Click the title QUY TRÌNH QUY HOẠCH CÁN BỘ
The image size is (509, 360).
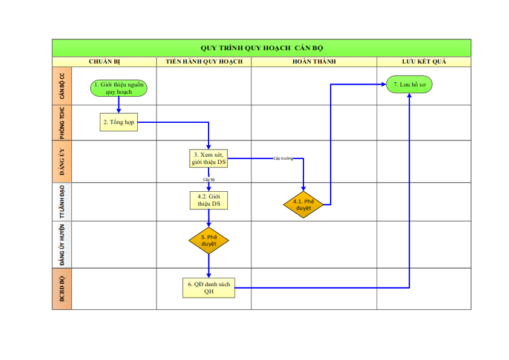(x=262, y=48)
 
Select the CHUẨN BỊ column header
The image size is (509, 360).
(x=105, y=62)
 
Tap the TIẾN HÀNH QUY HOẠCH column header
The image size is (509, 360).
(x=204, y=62)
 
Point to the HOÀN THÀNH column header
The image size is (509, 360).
(x=314, y=62)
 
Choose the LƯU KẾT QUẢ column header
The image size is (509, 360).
(x=424, y=62)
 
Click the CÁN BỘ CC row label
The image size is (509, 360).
(x=62, y=86)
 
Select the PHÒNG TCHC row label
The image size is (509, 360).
(x=62, y=123)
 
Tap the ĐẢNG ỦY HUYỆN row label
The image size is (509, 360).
(x=62, y=245)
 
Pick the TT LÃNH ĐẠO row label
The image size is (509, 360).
(x=62, y=201)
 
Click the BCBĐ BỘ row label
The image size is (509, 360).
(x=62, y=289)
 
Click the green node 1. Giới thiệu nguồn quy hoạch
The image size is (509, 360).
(x=119, y=88)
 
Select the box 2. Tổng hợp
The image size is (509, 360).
(x=119, y=122)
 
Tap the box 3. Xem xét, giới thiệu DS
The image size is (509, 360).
(x=209, y=159)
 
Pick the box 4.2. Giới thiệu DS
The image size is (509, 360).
(x=209, y=200)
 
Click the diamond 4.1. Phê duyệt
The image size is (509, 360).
(x=303, y=205)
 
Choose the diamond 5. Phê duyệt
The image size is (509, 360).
(x=209, y=240)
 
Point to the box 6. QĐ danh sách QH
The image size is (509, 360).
(x=209, y=288)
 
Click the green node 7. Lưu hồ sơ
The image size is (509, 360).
(x=409, y=85)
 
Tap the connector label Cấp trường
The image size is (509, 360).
(x=283, y=159)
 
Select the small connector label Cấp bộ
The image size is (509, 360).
(x=209, y=179)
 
